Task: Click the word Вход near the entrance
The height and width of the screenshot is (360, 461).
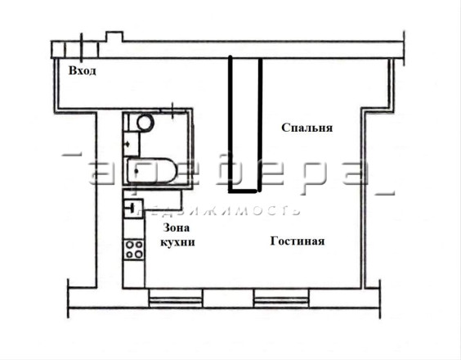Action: click(82, 70)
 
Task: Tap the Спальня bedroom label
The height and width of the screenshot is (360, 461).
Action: click(307, 128)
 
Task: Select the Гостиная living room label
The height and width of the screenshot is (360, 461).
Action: click(298, 241)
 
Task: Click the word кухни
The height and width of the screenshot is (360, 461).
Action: click(177, 242)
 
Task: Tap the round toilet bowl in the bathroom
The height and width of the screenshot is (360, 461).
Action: click(145, 122)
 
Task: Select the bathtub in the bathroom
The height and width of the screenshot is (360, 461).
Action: click(151, 171)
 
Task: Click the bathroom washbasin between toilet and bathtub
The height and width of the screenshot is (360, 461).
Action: click(131, 144)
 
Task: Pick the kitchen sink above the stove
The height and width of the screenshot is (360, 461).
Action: click(133, 208)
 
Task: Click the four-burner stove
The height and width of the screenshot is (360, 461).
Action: click(134, 250)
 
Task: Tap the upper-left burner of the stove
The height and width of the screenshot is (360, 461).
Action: click(129, 245)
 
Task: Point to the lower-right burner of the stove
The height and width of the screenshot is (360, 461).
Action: click(139, 255)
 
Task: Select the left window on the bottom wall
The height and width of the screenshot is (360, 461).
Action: click(176, 298)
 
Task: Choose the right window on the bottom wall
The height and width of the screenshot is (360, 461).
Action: click(281, 298)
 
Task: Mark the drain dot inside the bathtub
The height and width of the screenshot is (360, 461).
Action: click(137, 171)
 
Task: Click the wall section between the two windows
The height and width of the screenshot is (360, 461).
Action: click(228, 298)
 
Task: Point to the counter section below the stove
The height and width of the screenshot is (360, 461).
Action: click(134, 274)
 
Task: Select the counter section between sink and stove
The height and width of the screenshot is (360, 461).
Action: click(134, 228)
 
